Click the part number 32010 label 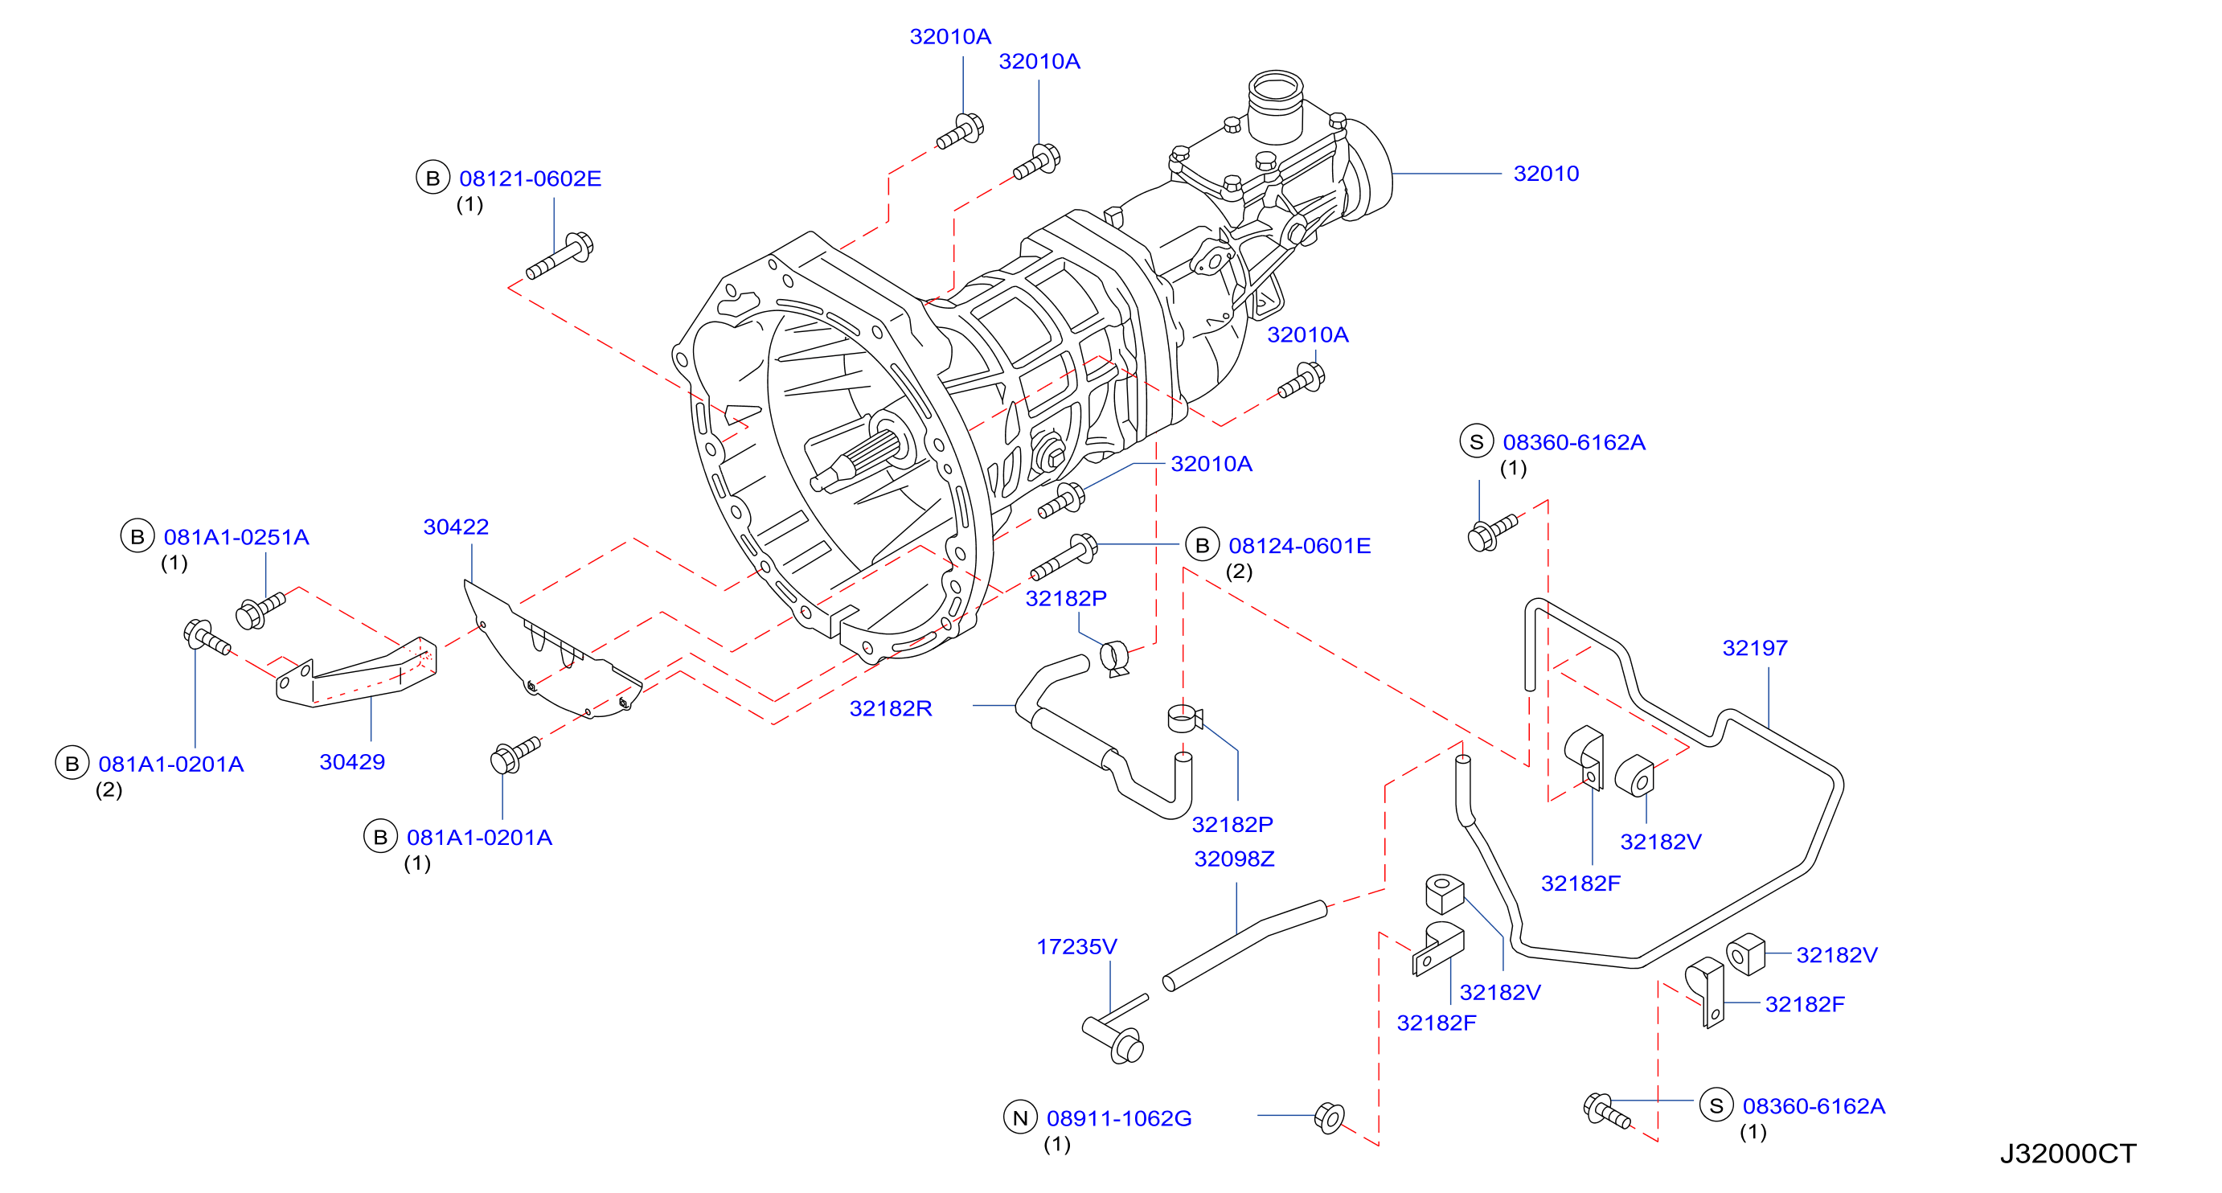(x=1546, y=174)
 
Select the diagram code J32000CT (x=2068, y=1154)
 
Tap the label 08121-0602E (x=530, y=178)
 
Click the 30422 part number (x=456, y=527)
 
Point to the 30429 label (x=352, y=761)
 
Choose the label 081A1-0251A (x=236, y=536)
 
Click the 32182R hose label (x=890, y=708)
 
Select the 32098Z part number (x=1233, y=859)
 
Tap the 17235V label (x=1076, y=946)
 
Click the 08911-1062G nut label (x=1119, y=1118)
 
